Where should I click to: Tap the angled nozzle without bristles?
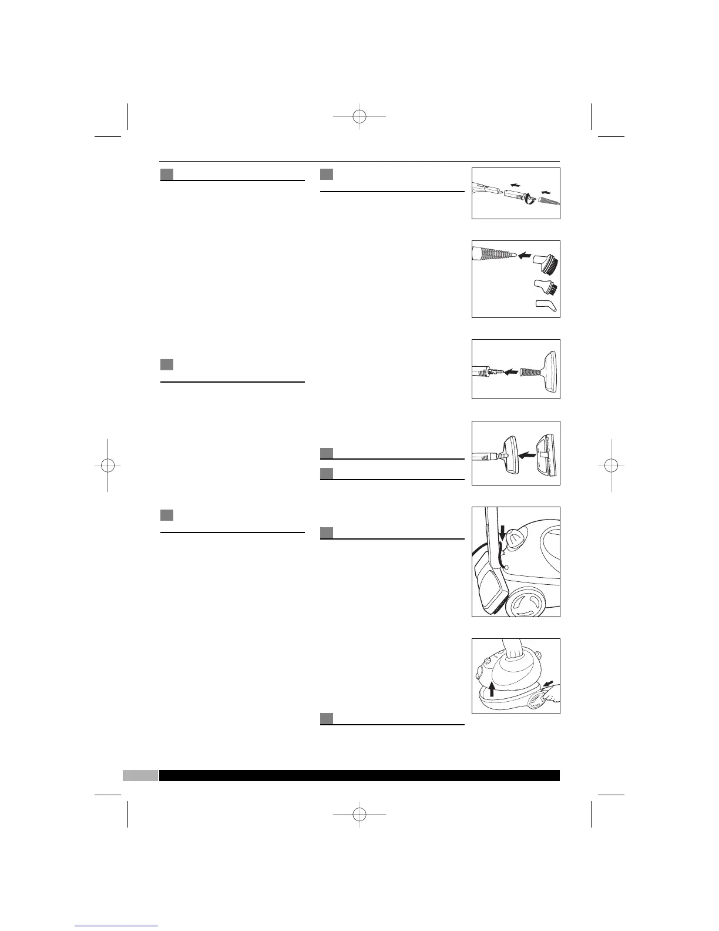tap(546, 306)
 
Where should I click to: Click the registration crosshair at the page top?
tap(359, 116)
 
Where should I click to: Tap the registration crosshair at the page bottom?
tap(359, 814)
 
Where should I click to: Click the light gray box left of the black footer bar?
tap(140, 775)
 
